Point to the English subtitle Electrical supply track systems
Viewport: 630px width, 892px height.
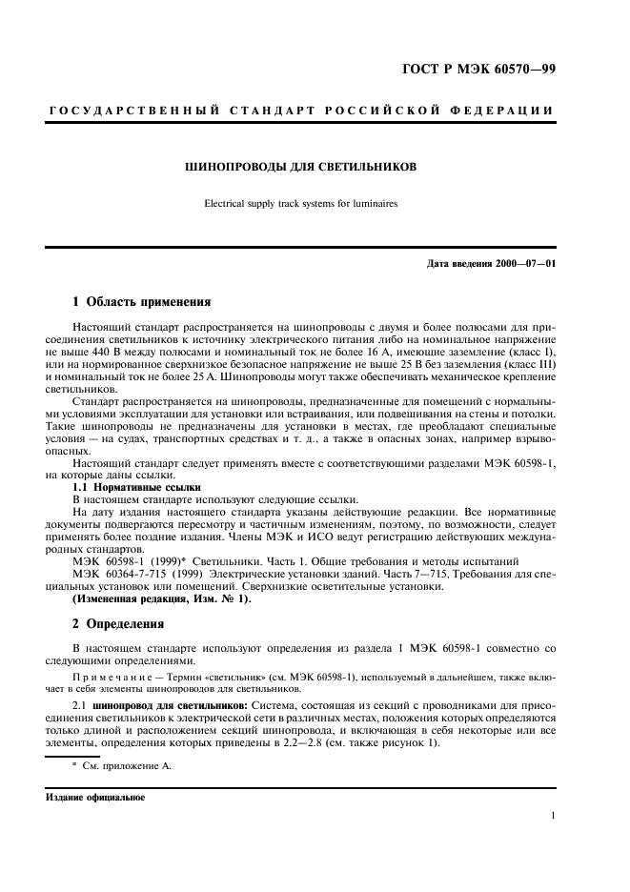(x=300, y=203)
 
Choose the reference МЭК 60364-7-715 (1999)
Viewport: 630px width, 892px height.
(x=139, y=574)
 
